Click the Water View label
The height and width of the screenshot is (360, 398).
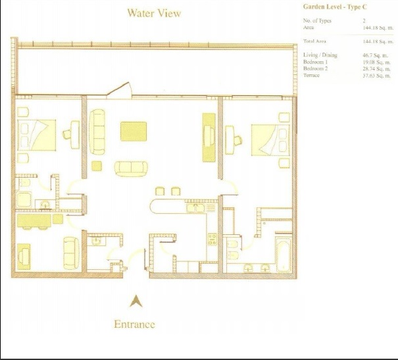pyautogui.click(x=154, y=13)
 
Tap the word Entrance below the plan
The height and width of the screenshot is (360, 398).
pyautogui.click(x=135, y=324)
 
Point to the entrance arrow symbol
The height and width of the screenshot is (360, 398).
pyautogui.click(x=136, y=301)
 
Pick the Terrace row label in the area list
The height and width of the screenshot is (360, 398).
pyautogui.click(x=312, y=75)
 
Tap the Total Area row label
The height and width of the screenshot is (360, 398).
pyautogui.click(x=315, y=41)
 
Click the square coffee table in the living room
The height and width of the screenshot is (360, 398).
pyautogui.click(x=134, y=132)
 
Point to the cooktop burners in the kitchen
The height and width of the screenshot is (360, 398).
pyautogui.click(x=212, y=238)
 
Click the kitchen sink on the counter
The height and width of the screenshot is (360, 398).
pyautogui.click(x=195, y=208)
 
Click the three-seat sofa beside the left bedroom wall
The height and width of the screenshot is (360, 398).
pyautogui.click(x=99, y=131)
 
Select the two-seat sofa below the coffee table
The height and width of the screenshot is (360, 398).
pyautogui.click(x=130, y=168)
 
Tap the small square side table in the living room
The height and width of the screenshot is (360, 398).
pyautogui.click(x=97, y=165)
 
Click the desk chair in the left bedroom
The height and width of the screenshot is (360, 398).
pyautogui.click(x=68, y=134)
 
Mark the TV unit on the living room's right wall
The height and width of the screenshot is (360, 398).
pyautogui.click(x=208, y=136)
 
